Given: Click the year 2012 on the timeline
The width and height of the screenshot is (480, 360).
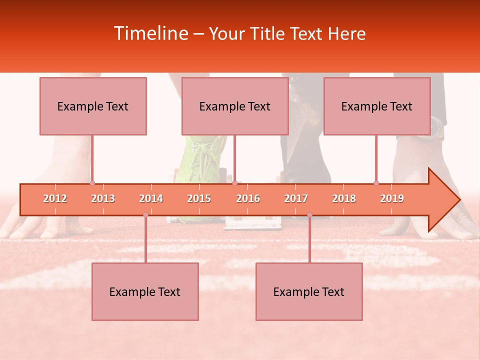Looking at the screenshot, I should [x=55, y=198].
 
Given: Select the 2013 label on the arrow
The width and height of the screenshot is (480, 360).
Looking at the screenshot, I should [x=103, y=198].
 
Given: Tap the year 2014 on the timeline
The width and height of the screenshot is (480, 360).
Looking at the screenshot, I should [x=151, y=198].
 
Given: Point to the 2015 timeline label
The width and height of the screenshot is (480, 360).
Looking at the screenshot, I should [x=199, y=198].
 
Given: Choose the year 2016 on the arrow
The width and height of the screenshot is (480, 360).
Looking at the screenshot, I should [x=248, y=198].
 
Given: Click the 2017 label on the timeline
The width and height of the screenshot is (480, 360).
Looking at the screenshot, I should [x=296, y=198].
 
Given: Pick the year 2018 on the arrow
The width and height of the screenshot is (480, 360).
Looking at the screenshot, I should [x=344, y=198].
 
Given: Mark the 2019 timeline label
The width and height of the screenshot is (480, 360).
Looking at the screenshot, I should [x=392, y=198].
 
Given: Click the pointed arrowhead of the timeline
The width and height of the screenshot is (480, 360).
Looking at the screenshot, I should [x=445, y=199].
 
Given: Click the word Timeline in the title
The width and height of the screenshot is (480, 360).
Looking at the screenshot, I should [x=150, y=33].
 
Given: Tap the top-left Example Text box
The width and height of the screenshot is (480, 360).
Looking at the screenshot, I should [x=93, y=106].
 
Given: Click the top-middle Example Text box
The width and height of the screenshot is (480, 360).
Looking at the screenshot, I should [x=235, y=106].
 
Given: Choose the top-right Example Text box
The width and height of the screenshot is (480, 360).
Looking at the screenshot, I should [x=377, y=106].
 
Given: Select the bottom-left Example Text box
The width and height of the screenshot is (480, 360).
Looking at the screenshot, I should [x=145, y=291].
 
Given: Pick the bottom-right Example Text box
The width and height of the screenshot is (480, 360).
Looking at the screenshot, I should [x=309, y=291].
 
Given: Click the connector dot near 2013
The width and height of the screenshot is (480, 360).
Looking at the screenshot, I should [x=92, y=183].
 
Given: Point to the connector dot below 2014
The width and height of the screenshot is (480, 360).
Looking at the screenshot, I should [x=145, y=215].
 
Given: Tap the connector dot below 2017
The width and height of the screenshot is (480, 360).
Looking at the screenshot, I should [x=309, y=215].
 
